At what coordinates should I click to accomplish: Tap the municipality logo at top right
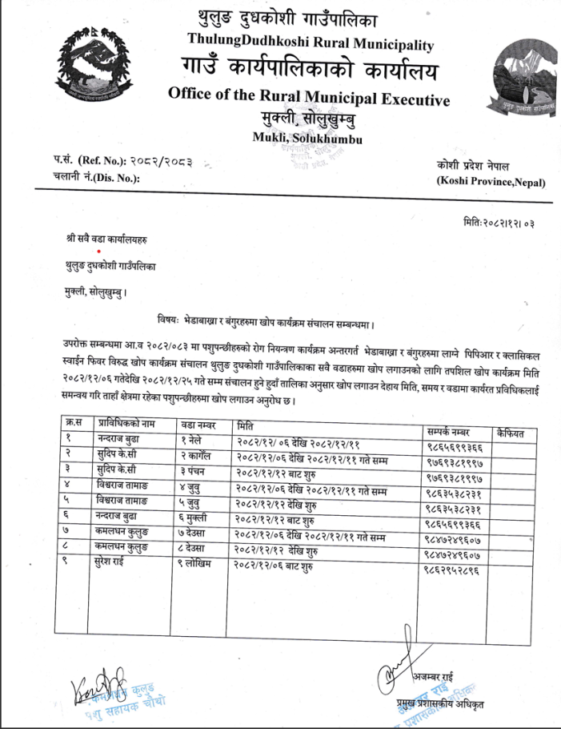click(x=521, y=79)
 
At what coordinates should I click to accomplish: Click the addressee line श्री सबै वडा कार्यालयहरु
click(x=108, y=239)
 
